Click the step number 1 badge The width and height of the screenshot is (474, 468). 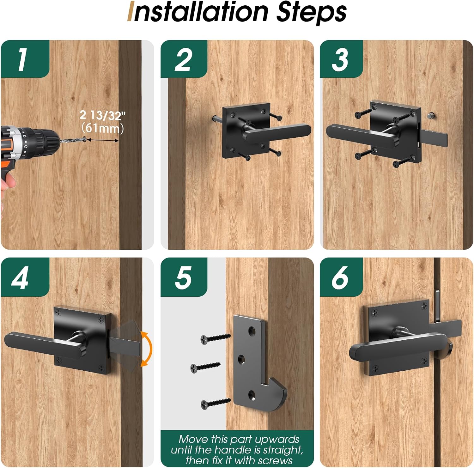point(25,59)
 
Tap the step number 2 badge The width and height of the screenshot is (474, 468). point(184,59)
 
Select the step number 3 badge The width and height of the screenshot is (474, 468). point(341,59)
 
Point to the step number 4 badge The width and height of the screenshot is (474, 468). point(25,277)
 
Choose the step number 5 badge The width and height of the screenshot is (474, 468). point(184,277)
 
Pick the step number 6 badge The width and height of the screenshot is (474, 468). point(341,277)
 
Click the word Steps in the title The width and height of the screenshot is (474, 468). point(311,13)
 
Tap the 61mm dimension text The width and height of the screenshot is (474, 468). point(102,128)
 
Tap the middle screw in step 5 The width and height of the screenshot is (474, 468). point(205,367)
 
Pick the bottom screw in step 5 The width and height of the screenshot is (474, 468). point(216,402)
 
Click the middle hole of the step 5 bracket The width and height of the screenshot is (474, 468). point(241,359)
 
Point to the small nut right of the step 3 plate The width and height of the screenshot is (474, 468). point(430,116)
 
